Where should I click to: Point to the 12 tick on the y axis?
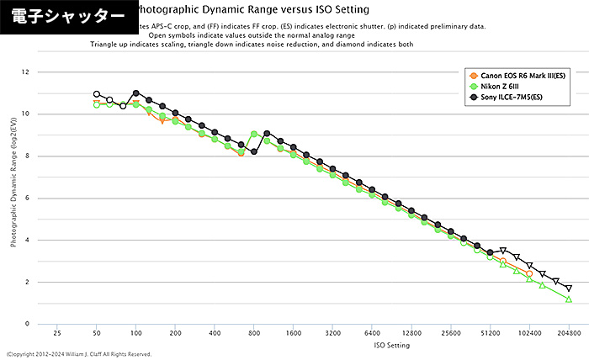point(26,72)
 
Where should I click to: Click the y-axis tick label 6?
point(28,199)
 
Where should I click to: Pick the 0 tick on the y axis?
point(28,324)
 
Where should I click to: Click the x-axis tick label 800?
point(254,334)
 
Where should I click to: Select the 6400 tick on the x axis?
point(372,334)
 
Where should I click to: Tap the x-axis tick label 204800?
point(569,334)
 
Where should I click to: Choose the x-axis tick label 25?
point(57,334)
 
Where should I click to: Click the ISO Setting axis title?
point(313,346)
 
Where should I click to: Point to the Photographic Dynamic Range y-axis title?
point(13,199)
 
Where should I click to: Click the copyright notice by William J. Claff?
point(79,355)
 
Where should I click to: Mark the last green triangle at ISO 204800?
point(569,299)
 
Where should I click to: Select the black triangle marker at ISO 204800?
point(569,288)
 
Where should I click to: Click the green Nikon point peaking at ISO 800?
point(254,134)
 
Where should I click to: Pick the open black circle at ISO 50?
point(97,94)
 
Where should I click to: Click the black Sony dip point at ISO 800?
point(254,151)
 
